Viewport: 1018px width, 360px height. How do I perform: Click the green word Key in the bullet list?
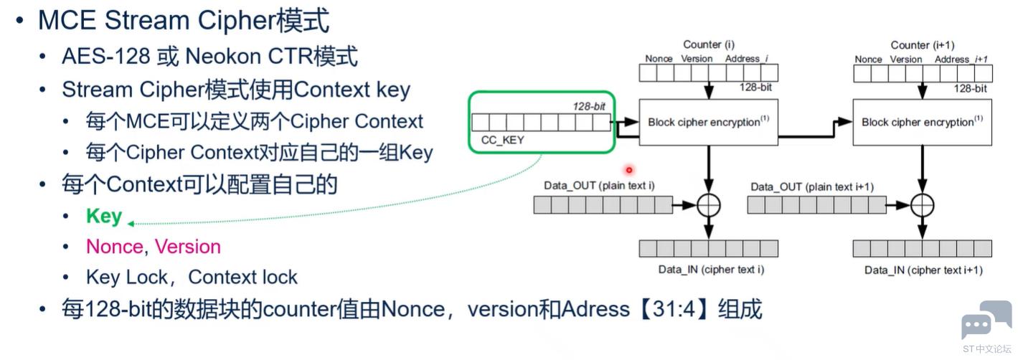tap(104, 216)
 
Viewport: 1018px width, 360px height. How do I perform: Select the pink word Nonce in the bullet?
tap(114, 247)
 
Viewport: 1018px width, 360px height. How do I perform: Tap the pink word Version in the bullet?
tap(188, 247)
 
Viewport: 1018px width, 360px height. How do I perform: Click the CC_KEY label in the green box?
tap(502, 140)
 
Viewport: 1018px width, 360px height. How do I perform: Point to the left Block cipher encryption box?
tap(708, 122)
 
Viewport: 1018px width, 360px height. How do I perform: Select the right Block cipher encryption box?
tap(922, 122)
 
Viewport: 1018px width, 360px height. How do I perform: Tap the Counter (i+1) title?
tap(923, 45)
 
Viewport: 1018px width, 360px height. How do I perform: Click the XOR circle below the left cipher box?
tap(708, 206)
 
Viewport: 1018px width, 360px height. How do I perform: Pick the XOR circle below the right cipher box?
tap(922, 206)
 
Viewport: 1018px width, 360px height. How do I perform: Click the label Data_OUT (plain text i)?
tap(599, 186)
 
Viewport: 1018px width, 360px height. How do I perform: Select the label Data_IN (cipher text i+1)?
tap(923, 270)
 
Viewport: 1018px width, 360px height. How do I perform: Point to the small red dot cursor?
tap(629, 170)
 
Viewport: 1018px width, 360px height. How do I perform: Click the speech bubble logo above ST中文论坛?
tap(986, 321)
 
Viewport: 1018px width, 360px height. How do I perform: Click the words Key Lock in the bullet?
tap(126, 278)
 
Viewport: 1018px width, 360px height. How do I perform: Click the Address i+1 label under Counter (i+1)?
tap(961, 59)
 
